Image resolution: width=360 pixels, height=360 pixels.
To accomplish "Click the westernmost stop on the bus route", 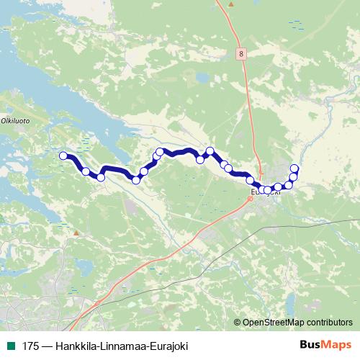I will coord(63,156).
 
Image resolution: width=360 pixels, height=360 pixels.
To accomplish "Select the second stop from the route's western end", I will coord(86,171).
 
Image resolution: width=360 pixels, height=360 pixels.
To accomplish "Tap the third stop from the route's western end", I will coord(101,177).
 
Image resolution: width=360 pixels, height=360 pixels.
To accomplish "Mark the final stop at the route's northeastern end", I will coord(294,169).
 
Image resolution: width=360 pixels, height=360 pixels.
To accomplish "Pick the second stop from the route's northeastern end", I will coord(293,177).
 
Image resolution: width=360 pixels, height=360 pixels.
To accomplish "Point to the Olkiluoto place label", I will coord(15,122).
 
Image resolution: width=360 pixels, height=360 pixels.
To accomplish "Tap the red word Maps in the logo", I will coord(335,346).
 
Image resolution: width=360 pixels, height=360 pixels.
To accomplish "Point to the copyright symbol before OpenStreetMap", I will coord(238,323).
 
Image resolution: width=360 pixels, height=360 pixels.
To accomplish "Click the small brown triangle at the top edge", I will coord(230,4).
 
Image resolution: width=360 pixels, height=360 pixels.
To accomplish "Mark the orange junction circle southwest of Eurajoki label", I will coord(250,199).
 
